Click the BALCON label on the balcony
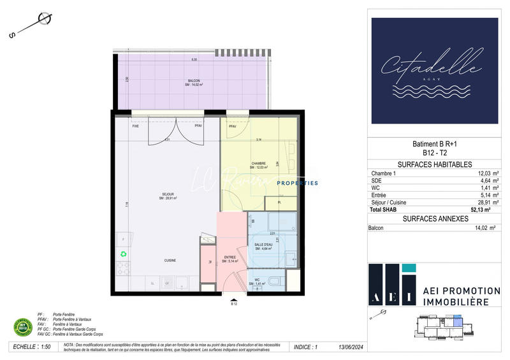[x=194, y=81]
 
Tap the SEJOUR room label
[x=167, y=193]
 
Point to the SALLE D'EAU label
[x=263, y=245]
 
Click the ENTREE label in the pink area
[x=230, y=258]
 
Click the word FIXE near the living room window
[x=135, y=126]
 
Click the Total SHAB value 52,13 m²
[x=485, y=209]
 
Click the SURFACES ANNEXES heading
[x=433, y=219]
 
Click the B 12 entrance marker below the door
[x=234, y=304]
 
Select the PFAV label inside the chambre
[x=232, y=126]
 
